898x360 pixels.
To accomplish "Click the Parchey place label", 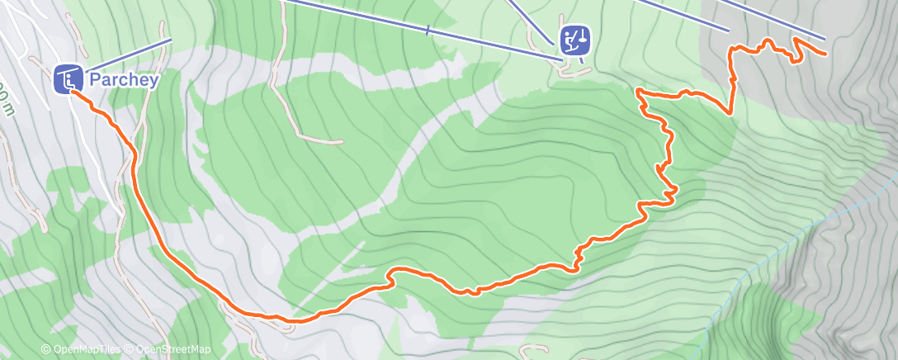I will click(x=123, y=80).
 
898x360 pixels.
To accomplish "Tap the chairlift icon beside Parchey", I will click(x=68, y=79).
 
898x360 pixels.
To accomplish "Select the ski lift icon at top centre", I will click(x=574, y=40).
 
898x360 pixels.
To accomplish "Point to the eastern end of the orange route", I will click(x=825, y=54).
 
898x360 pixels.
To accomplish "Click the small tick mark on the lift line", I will click(x=428, y=31).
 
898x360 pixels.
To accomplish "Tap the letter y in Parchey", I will click(x=152, y=82).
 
